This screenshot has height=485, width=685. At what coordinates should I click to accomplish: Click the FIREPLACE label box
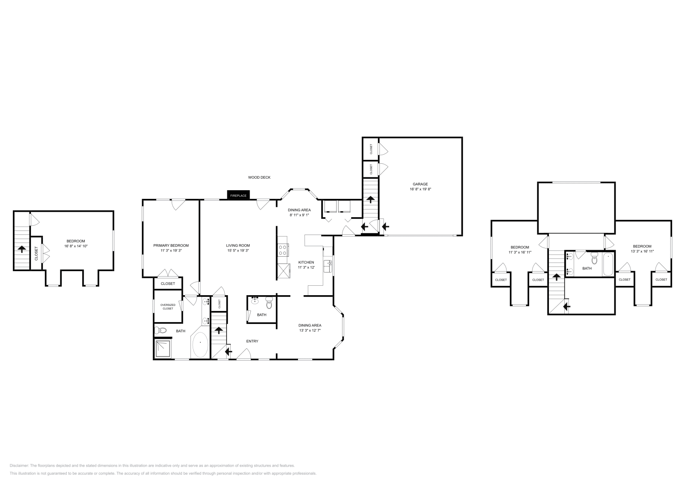click(x=238, y=195)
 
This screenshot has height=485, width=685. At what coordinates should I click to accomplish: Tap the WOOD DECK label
click(x=259, y=177)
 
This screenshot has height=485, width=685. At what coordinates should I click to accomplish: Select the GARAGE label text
click(x=420, y=184)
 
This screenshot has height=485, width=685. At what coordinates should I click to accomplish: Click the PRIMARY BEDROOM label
click(x=171, y=245)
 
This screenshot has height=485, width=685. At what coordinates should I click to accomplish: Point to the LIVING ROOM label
click(x=238, y=245)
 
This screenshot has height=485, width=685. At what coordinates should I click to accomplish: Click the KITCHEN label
click(x=306, y=262)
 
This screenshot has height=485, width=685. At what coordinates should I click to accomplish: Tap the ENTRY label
click(x=252, y=341)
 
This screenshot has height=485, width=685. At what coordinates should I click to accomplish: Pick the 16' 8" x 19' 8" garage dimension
click(x=420, y=189)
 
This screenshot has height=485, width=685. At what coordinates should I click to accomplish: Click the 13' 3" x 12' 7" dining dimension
click(x=310, y=330)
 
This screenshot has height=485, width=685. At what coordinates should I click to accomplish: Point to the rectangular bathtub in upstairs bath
click(x=608, y=264)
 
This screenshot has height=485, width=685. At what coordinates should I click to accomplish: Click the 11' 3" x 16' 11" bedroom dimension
click(x=520, y=252)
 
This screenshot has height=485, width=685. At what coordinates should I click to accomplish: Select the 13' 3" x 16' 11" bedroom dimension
click(x=642, y=251)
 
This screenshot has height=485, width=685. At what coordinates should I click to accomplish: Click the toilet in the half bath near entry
click(x=269, y=305)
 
